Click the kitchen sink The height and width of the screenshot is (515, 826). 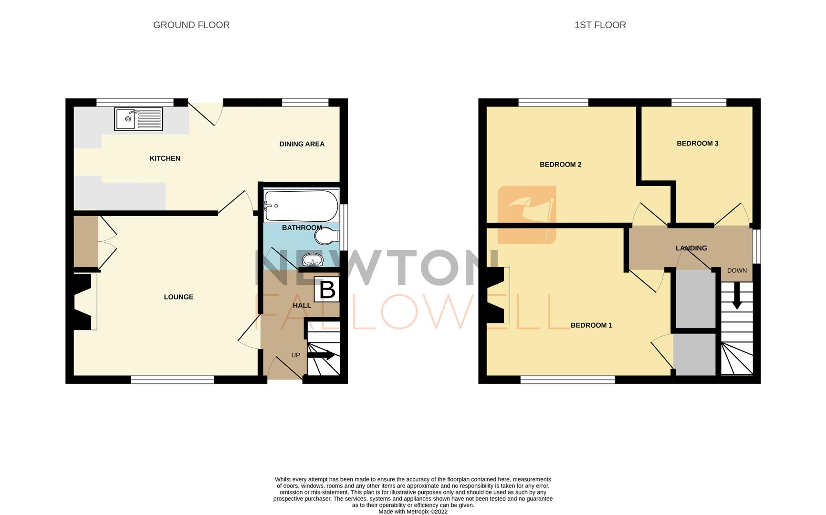138,119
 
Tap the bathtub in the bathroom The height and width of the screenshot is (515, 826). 301,206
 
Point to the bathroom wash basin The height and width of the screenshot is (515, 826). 313,260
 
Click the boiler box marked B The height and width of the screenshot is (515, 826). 327,289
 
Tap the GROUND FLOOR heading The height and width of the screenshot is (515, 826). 191,25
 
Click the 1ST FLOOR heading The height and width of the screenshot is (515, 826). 600,25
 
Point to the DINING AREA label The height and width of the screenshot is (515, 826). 302,144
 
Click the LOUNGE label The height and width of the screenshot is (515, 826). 178,297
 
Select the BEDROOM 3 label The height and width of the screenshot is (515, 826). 697,143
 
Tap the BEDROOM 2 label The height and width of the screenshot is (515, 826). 560,165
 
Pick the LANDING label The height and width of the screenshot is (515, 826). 691,248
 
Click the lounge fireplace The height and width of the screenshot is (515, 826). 83,301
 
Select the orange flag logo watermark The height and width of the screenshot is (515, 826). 527,215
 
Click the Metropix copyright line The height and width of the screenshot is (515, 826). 413,512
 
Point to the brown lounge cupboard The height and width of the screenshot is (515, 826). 85,241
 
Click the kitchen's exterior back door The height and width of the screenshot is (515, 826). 205,113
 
